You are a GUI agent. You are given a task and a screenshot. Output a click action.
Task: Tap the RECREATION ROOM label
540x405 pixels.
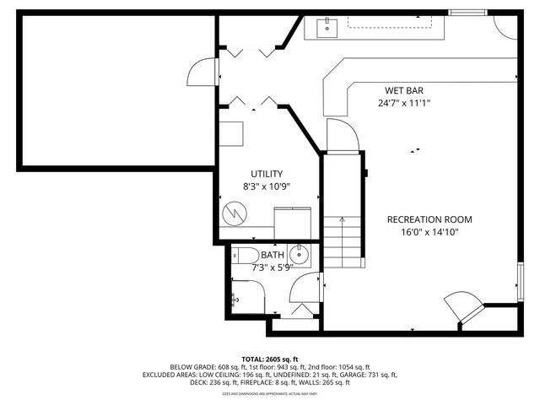pos(429,219)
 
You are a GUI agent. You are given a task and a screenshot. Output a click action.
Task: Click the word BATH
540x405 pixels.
pos(273,255)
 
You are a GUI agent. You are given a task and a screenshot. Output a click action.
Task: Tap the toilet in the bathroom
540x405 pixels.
pos(246,255)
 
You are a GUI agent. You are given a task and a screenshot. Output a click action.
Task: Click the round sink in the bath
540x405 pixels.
pos(300,253)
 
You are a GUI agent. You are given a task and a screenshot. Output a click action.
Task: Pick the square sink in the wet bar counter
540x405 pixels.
pos(327,28)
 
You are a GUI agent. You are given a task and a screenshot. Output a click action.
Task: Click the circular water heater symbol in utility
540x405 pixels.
pos(234,213)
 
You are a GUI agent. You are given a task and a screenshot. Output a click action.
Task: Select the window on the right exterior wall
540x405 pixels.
pos(521,278)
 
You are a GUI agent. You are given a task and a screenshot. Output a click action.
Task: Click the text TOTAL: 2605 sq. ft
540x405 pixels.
pos(270,359)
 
